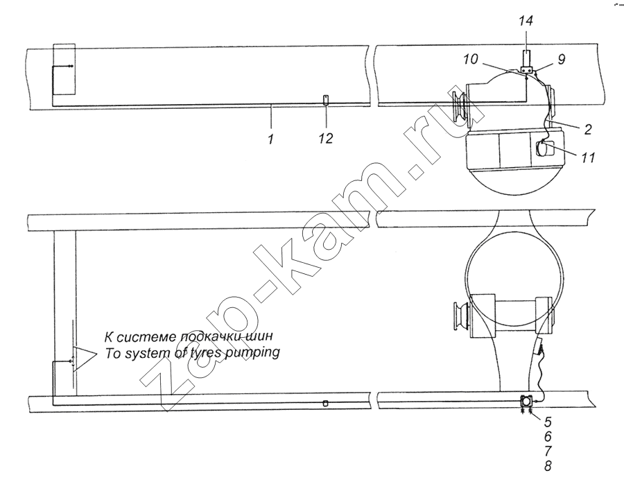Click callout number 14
(526, 21)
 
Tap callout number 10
(470, 60)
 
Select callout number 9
(561, 60)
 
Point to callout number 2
(588, 129)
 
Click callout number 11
(587, 157)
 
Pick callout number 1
(271, 139)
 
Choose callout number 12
(326, 139)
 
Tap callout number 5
(548, 421)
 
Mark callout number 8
(548, 466)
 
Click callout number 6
(548, 436)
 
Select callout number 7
(548, 451)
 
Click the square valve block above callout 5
(527, 400)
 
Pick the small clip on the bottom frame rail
(325, 403)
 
